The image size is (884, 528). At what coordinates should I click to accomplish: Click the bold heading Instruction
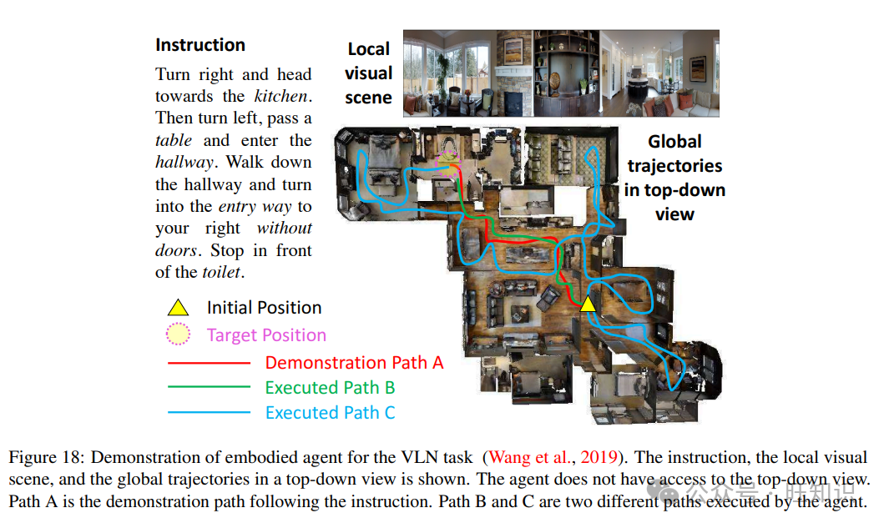pos(200,45)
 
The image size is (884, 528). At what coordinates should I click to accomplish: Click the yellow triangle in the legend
pos(178,308)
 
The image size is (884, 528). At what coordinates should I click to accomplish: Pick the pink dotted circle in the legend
pos(178,334)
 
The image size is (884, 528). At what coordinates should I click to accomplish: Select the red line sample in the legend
pos(209,363)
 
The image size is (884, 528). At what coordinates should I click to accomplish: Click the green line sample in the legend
pos(209,387)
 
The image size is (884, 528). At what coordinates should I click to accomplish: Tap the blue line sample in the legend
pos(209,412)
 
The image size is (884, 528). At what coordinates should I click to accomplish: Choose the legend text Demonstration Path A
pos(354,363)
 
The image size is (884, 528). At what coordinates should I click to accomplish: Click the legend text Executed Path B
pos(330,387)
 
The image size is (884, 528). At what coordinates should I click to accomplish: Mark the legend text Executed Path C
pos(330,412)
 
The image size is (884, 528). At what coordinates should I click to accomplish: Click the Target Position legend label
pos(266,335)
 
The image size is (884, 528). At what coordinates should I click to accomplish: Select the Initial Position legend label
pos(264,308)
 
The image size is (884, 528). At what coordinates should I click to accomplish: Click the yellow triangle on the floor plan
pos(588,304)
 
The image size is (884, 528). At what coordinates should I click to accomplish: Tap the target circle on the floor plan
pos(449,166)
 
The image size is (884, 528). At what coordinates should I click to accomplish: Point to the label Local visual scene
pos(368,73)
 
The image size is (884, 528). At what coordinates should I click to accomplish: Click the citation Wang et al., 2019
pos(553,457)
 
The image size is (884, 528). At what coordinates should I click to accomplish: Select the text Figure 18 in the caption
pos(45,457)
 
